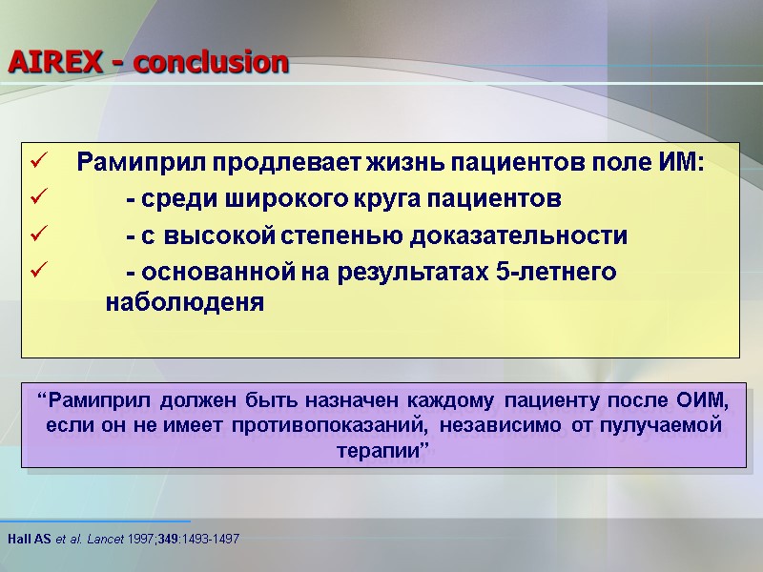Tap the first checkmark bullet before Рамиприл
37,163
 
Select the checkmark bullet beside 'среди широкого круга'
37,200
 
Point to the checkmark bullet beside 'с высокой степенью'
37,236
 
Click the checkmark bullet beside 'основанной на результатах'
37,273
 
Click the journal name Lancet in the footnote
105,540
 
